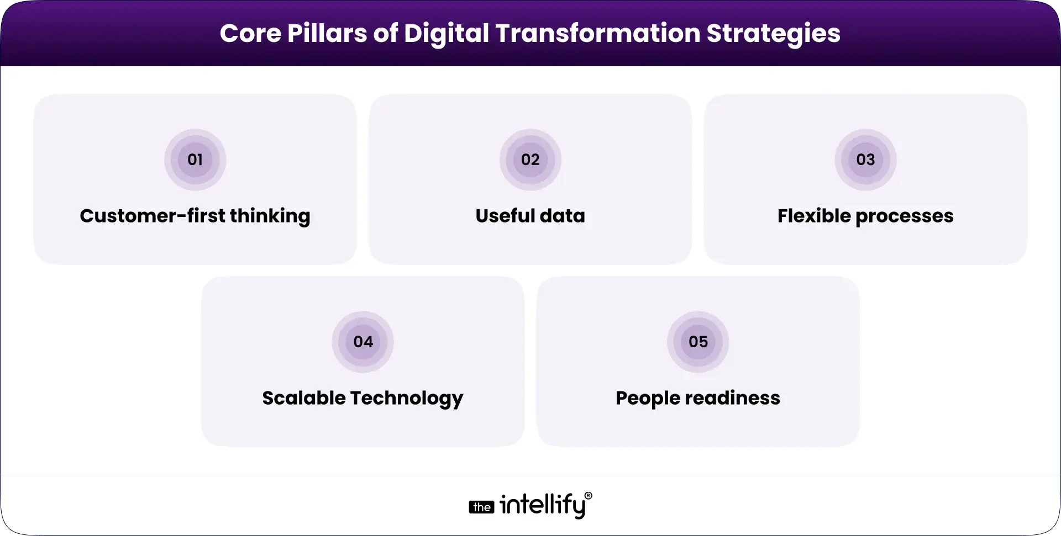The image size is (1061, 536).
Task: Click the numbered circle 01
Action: (x=195, y=160)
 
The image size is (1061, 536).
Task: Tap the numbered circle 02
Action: (x=530, y=160)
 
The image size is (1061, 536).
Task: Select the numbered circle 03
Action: (x=865, y=160)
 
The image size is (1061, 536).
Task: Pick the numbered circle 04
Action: (x=363, y=342)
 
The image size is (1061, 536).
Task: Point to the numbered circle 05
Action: (x=698, y=342)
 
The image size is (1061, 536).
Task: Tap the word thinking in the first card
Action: (x=270, y=216)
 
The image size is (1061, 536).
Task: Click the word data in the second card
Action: (x=563, y=215)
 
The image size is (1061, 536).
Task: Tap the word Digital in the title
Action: (x=447, y=34)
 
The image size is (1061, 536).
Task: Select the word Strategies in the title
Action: (x=774, y=34)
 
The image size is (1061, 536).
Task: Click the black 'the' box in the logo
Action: (x=481, y=507)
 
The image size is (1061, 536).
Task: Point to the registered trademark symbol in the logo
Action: (x=588, y=496)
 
